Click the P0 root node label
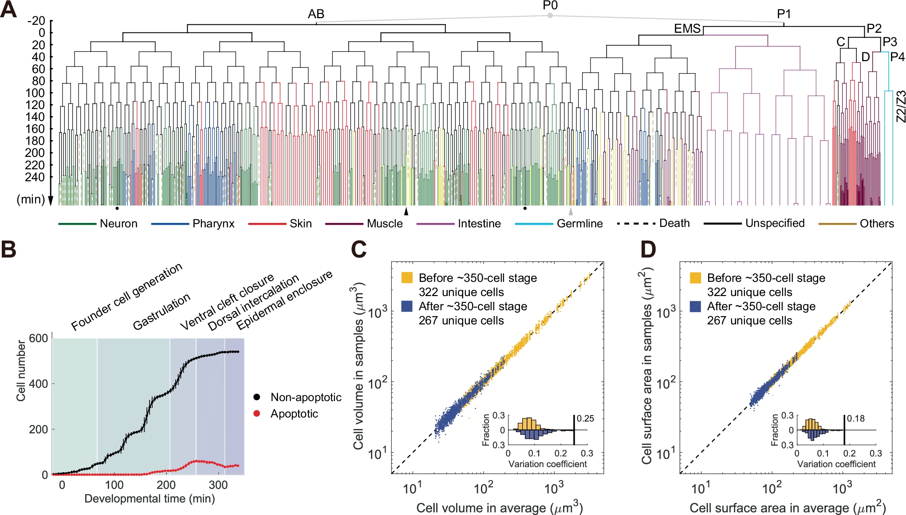550,5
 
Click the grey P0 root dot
550,16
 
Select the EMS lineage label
687,29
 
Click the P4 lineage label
897,57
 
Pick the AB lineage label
316,14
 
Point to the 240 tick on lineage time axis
35,177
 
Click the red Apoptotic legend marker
256,414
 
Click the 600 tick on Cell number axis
38,339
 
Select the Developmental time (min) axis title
150,499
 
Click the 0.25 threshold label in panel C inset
585,419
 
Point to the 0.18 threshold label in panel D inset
856,419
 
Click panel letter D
648,250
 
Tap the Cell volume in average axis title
499,508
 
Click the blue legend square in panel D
695,306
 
